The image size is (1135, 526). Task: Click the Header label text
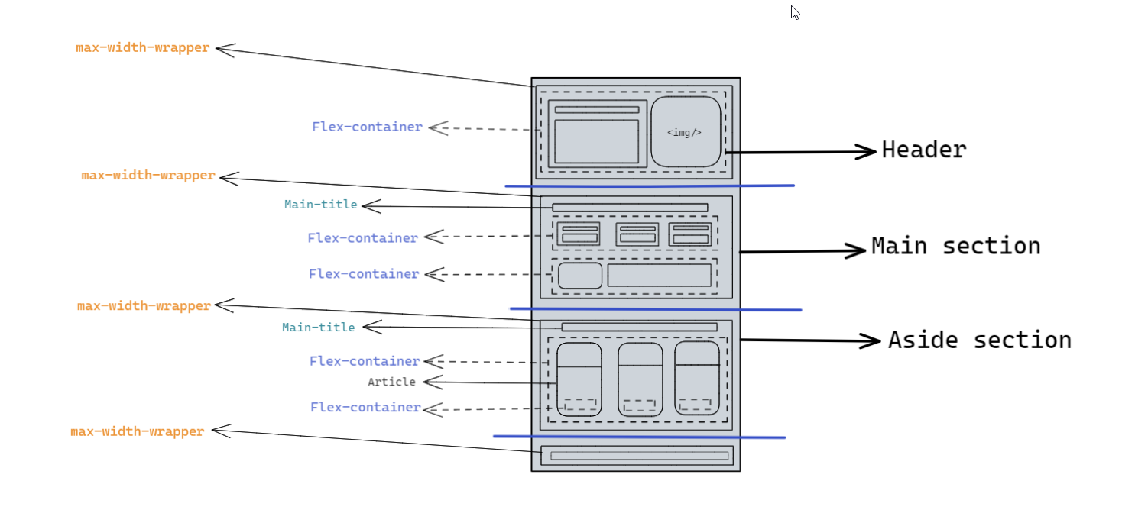(923, 150)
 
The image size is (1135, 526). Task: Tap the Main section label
(955, 246)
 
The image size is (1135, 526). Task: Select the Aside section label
(979, 340)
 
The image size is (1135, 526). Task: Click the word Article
(391, 382)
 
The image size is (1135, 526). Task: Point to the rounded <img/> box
(686, 131)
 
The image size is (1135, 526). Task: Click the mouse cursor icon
(795, 12)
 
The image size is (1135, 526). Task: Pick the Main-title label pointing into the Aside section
(318, 328)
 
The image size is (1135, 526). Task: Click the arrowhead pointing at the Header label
(867, 151)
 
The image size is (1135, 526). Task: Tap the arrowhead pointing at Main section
(857, 250)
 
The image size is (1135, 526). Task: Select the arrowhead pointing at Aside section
(872, 340)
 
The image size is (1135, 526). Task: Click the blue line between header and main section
(650, 186)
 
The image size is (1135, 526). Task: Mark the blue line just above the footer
(639, 437)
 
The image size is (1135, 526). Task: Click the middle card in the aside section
(640, 379)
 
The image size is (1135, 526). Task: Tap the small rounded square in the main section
(580, 276)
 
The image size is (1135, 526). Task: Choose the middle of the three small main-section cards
(637, 234)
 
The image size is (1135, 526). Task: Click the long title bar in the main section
(630, 208)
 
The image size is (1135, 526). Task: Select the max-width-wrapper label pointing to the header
(142, 48)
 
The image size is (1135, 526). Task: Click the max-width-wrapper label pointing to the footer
(138, 431)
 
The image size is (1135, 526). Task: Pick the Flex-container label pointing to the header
(367, 127)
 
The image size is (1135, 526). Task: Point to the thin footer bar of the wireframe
(639, 456)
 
